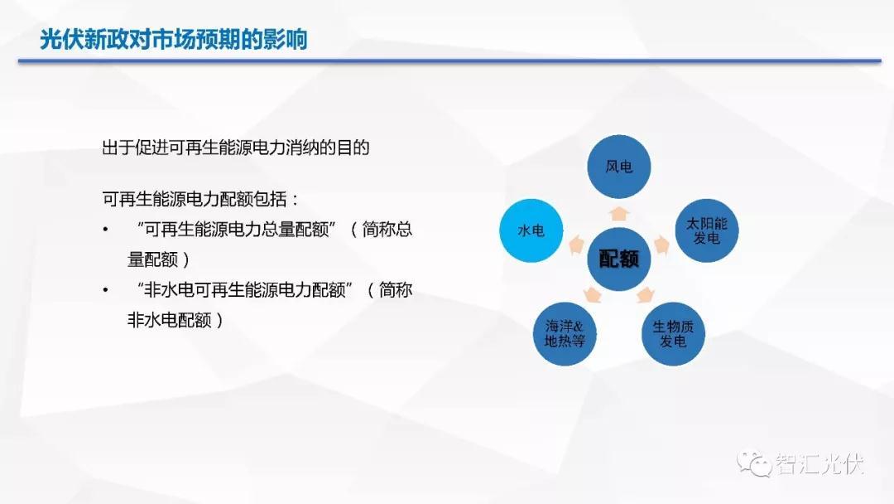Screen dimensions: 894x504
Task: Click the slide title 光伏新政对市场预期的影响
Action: tap(173, 40)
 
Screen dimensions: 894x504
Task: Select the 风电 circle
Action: tap(619, 167)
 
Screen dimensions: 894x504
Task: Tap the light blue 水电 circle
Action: tap(531, 230)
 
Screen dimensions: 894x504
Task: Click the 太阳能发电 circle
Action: tap(706, 230)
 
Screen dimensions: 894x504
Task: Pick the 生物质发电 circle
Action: tap(673, 334)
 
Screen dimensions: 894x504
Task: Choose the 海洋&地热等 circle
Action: tap(565, 334)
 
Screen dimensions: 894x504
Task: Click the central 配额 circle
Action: tap(619, 259)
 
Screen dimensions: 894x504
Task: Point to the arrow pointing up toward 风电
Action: tap(619, 214)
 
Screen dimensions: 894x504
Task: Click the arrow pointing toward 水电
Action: tap(577, 245)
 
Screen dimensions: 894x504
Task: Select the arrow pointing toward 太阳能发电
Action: tap(661, 245)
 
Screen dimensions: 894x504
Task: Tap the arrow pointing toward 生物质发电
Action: tap(645, 295)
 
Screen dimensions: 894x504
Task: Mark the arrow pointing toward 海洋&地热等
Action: tap(593, 295)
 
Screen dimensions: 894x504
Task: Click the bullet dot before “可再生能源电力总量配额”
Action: tap(105, 230)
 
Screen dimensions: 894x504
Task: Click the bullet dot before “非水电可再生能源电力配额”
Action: tap(105, 290)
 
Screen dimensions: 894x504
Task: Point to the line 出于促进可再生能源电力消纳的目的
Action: tap(235, 148)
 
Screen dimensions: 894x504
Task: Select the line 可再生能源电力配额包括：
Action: tap(200, 199)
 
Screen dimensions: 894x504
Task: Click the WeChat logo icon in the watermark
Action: tap(754, 463)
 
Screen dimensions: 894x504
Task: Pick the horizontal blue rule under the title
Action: tap(449, 61)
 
